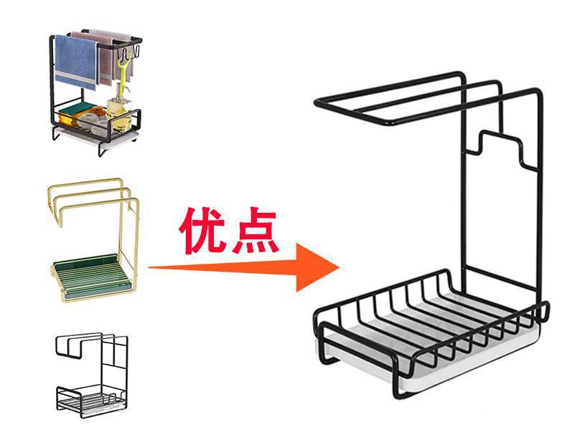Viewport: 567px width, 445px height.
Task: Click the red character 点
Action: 254,231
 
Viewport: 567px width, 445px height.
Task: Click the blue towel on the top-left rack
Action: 76,62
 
